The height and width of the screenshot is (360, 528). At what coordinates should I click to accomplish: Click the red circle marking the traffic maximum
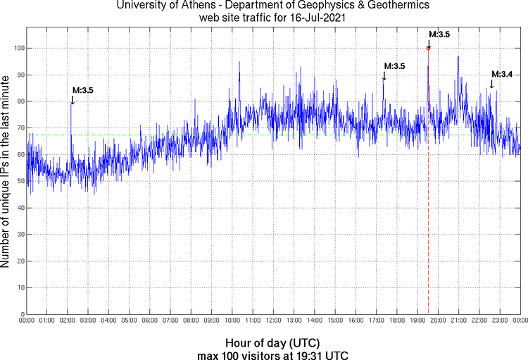click(428, 48)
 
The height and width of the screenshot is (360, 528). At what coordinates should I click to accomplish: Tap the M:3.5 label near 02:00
click(83, 90)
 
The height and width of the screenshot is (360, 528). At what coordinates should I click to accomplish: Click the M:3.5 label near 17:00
click(394, 66)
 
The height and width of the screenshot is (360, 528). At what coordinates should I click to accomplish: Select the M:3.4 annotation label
click(502, 74)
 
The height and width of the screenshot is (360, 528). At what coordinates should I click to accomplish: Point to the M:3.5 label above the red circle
click(439, 34)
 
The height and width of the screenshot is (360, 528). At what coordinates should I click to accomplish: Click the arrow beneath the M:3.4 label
click(491, 84)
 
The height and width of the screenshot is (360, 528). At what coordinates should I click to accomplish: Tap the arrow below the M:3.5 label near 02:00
click(73, 100)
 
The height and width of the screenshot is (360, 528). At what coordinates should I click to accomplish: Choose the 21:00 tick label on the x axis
click(458, 321)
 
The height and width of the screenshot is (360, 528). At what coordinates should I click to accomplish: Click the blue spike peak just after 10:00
click(239, 62)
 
